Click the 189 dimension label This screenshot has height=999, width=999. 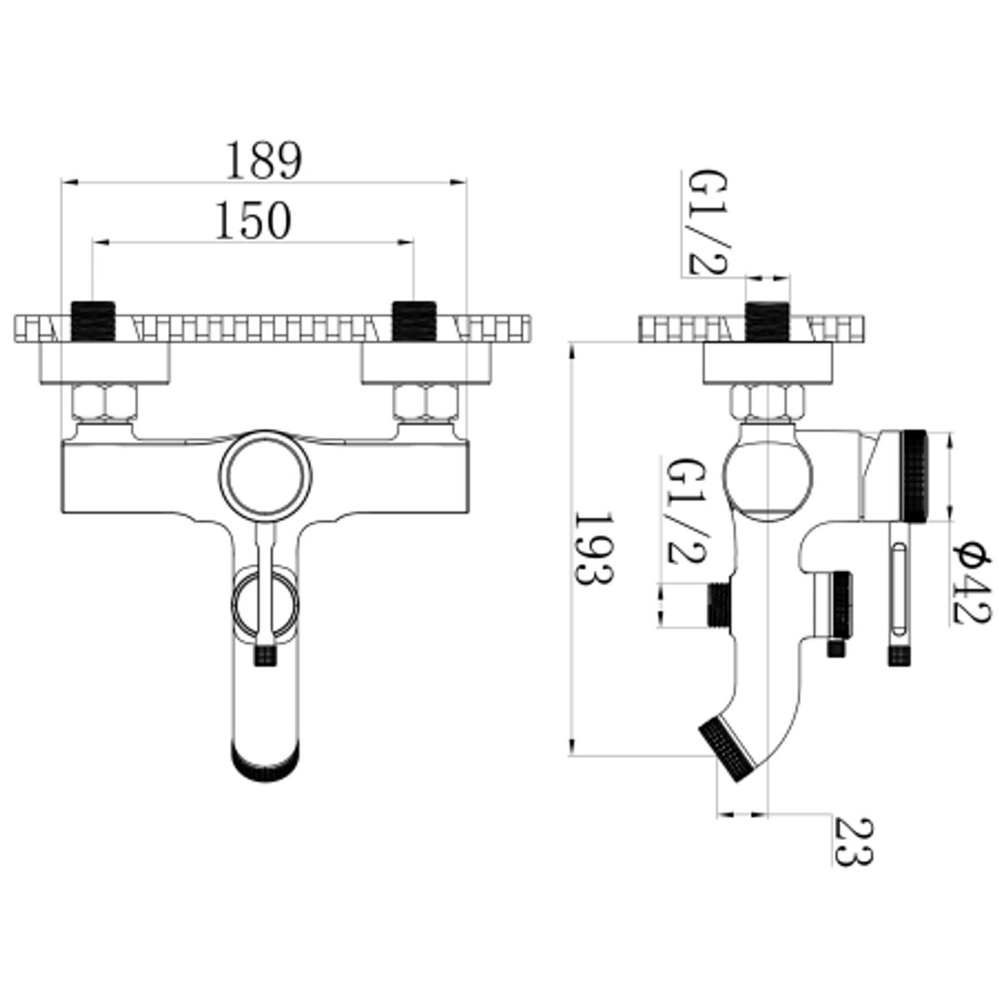pos(264,160)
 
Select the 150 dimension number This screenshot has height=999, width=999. pos(254,221)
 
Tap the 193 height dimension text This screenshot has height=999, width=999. pos(593,549)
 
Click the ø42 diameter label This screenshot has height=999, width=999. pos(971,584)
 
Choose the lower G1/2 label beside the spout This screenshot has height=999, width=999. pos(686,510)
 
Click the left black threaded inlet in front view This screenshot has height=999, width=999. pos(93,321)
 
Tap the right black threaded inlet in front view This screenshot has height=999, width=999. pos(415,321)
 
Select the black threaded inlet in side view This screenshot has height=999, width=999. pos(767,321)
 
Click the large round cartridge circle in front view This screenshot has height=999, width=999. pos(265,476)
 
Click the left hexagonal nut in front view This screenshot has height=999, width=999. pos(105,402)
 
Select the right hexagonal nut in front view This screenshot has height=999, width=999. pos(426,402)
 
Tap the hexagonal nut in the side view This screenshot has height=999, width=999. pos(768,400)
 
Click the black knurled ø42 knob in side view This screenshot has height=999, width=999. pos(914,476)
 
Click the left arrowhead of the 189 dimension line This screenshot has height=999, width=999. pos(69,182)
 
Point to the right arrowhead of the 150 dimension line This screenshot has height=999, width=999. pos(406,241)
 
